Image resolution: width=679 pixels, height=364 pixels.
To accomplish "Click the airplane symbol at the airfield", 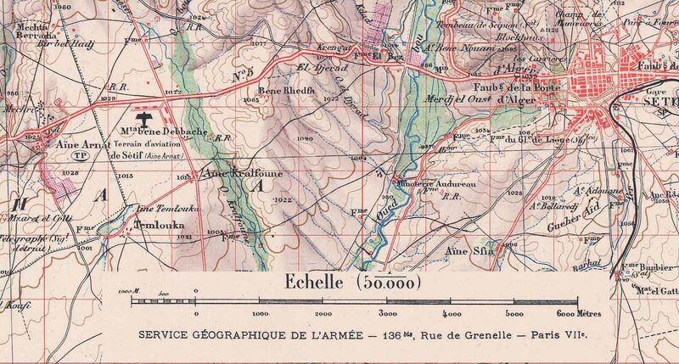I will pos(145,116).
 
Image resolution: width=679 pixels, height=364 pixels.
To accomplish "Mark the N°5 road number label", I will pos(244,76).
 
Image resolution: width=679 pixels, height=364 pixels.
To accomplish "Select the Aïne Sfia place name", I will pos(468,252).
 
